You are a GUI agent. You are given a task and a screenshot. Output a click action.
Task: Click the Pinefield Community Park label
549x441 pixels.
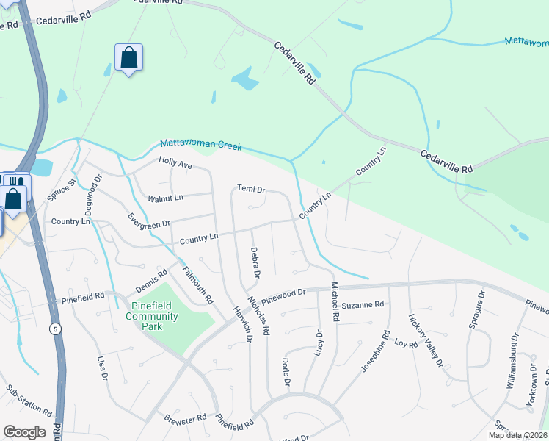pyautogui.click(x=152, y=316)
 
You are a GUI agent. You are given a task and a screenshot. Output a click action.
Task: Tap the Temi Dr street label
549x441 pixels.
pyautogui.click(x=251, y=189)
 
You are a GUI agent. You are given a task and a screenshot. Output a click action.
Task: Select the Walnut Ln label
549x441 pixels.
pyautogui.click(x=165, y=198)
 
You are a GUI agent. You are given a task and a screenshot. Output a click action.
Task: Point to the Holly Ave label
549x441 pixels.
pyautogui.click(x=175, y=165)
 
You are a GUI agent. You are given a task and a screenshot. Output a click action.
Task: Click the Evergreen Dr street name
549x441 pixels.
pyautogui.click(x=148, y=220)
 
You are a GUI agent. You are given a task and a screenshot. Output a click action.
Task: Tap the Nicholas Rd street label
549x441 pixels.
pyautogui.click(x=260, y=314)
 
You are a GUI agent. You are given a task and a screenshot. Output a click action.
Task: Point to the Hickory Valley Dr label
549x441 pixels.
pyautogui.click(x=426, y=340)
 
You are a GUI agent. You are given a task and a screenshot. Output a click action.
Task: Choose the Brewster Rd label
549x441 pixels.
pyautogui.click(x=185, y=418)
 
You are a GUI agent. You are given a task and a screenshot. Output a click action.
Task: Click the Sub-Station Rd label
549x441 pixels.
pyautogui.click(x=29, y=401)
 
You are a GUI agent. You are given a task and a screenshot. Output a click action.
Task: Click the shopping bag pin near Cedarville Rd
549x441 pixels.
pyautogui.click(x=128, y=57)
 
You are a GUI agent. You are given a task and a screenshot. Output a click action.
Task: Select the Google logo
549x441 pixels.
pyautogui.click(x=24, y=432)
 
